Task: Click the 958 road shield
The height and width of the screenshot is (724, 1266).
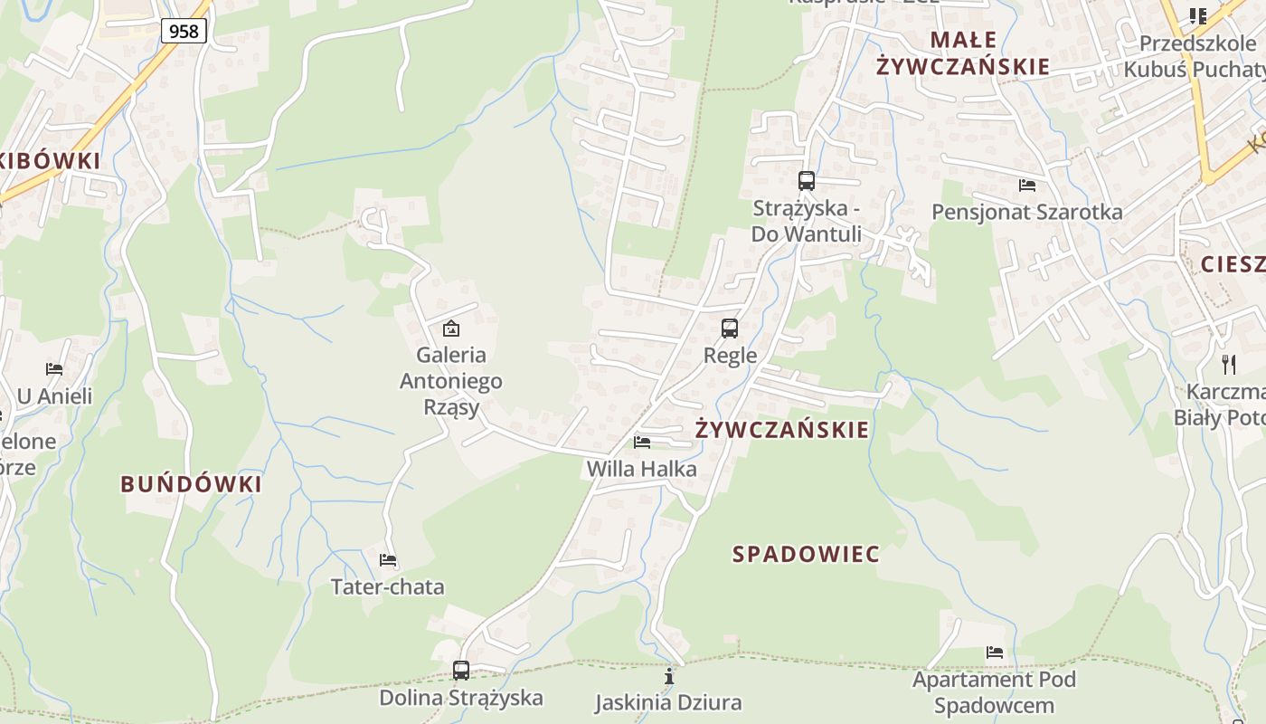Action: [x=184, y=31]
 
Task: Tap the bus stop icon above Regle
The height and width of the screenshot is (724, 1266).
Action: [x=730, y=329]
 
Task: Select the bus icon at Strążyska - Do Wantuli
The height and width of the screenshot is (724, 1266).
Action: [x=807, y=181]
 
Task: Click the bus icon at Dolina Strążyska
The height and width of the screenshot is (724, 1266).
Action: [x=461, y=671]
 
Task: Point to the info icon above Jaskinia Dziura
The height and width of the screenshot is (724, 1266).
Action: [x=669, y=676]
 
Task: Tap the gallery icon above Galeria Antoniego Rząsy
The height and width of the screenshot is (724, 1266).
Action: [x=450, y=329]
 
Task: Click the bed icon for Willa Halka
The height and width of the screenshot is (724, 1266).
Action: [x=642, y=443]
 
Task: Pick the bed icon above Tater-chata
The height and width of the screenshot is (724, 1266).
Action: [x=388, y=560]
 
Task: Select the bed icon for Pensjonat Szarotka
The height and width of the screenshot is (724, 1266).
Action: [x=1027, y=186]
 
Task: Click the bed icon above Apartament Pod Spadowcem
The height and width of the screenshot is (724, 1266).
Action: [x=995, y=653]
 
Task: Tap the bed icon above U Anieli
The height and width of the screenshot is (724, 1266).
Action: [x=54, y=369]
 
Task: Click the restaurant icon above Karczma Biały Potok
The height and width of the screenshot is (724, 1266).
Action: [x=1228, y=365]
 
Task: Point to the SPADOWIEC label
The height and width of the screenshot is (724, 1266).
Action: [x=806, y=554]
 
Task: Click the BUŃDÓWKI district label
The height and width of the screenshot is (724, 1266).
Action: [x=192, y=484]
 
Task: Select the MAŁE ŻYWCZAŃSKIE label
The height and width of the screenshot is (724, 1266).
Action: [x=963, y=52]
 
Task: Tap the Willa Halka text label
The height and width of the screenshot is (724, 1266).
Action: [x=642, y=469]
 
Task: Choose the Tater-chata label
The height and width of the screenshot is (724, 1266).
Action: [x=388, y=586]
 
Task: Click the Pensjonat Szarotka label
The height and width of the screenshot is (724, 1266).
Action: [x=1027, y=212]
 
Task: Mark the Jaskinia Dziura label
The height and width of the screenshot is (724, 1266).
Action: [x=668, y=702]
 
